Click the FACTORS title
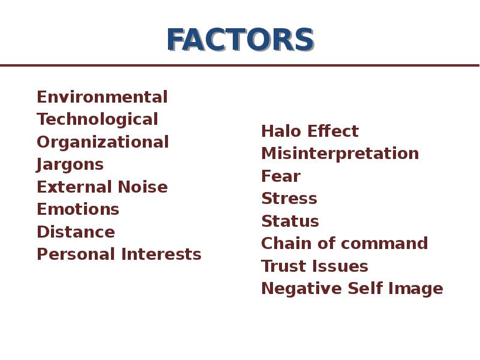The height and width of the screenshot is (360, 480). click(x=241, y=40)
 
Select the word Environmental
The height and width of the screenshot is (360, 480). click(x=102, y=97)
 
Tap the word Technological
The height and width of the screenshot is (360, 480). click(x=97, y=119)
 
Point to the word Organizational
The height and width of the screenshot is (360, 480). click(x=103, y=142)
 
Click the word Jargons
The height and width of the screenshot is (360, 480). click(x=70, y=165)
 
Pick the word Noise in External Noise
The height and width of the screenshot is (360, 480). click(x=143, y=187)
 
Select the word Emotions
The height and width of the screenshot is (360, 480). click(x=78, y=209)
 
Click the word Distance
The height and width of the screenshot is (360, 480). click(x=76, y=232)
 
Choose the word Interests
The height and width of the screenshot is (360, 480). click(x=161, y=254)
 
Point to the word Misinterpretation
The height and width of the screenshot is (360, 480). click(x=340, y=154)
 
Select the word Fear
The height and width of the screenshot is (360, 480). click(x=281, y=176)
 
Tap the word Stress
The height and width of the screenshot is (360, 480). click(x=289, y=199)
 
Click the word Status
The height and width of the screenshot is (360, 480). click(x=290, y=221)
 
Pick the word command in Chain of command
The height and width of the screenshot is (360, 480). click(x=384, y=244)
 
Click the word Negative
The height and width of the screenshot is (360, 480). click(x=302, y=289)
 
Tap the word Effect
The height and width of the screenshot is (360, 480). click(x=333, y=131)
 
